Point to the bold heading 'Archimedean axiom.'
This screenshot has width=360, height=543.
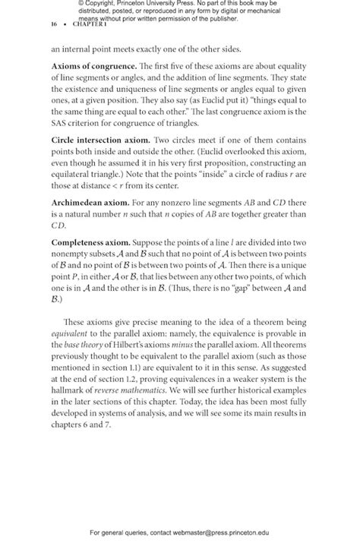[90, 204]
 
